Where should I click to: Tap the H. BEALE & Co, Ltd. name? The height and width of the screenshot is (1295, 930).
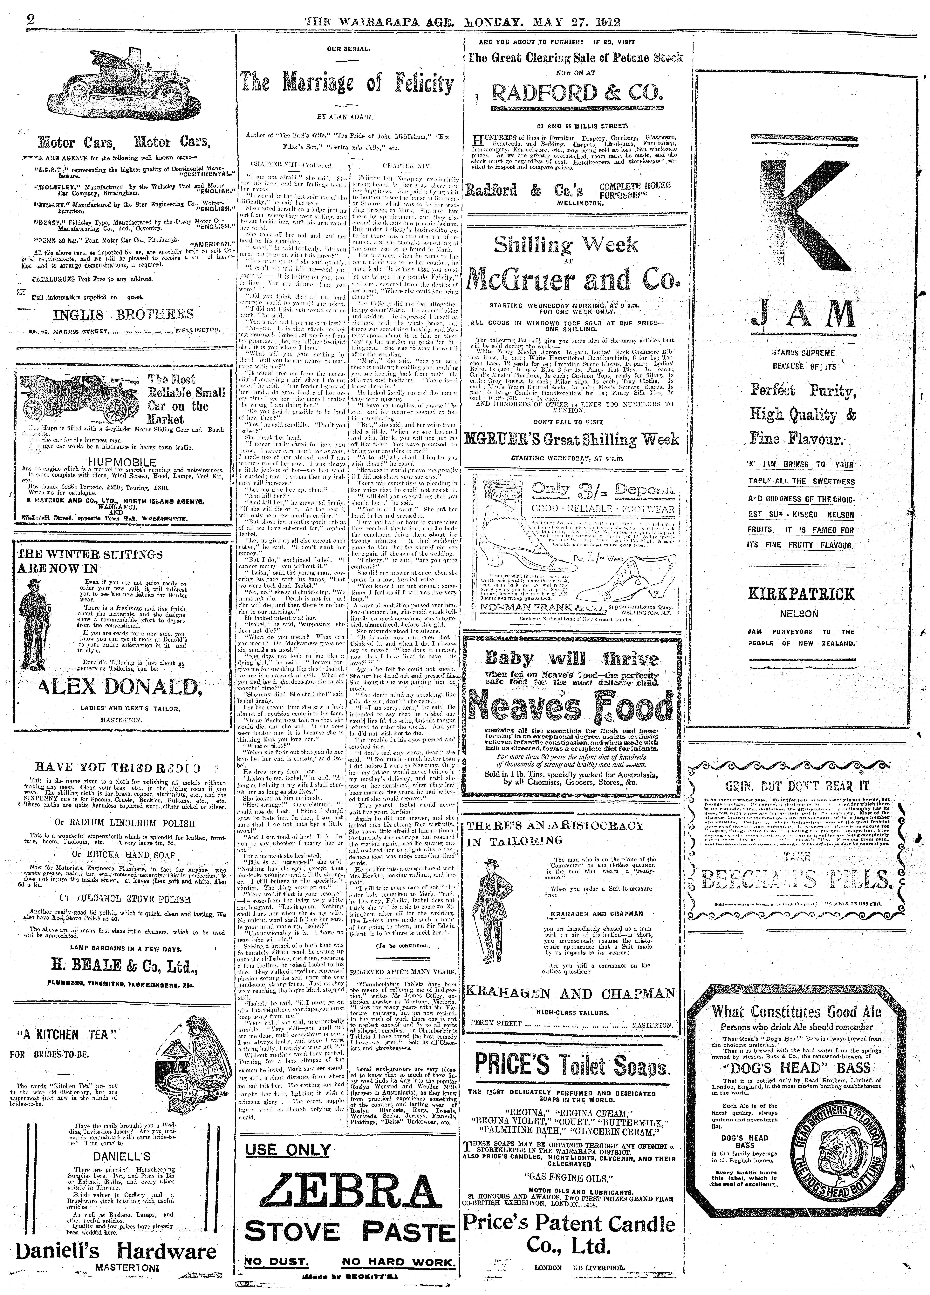coord(125,965)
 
